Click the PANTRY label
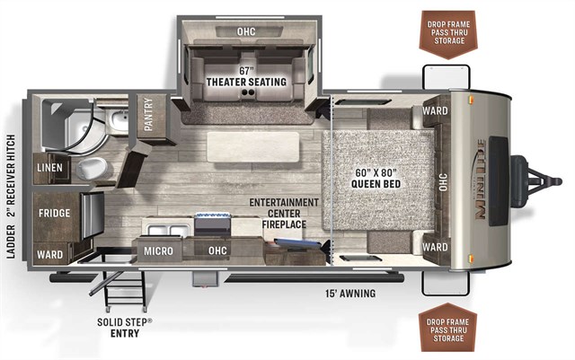[x=148, y=114]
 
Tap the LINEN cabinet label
[x=49, y=168]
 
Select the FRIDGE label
[x=54, y=213]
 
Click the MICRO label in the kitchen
[x=158, y=251]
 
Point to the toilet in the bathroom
[x=92, y=168]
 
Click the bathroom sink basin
[x=119, y=119]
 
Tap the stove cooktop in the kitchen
[x=213, y=224]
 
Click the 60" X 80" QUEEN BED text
[x=376, y=178]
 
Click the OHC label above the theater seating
[x=246, y=31]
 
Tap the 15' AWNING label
[x=350, y=294]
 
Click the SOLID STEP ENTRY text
[x=125, y=328]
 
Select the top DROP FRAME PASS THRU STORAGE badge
[x=449, y=34]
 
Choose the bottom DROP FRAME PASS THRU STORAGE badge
[x=448, y=328]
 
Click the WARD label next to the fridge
[x=50, y=254]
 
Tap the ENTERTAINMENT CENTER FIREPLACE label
[x=284, y=213]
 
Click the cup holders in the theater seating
[x=248, y=94]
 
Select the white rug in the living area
[x=253, y=146]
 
